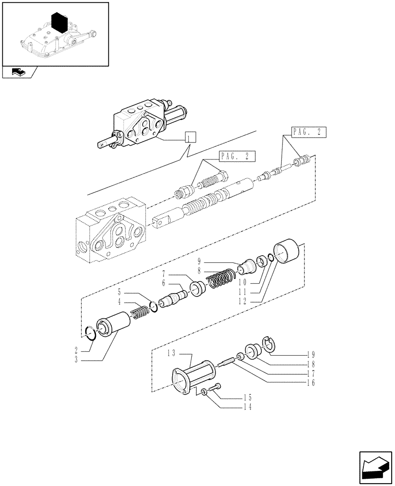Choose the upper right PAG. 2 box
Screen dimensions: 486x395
point(308,132)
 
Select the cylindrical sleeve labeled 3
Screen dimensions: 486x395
point(115,324)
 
